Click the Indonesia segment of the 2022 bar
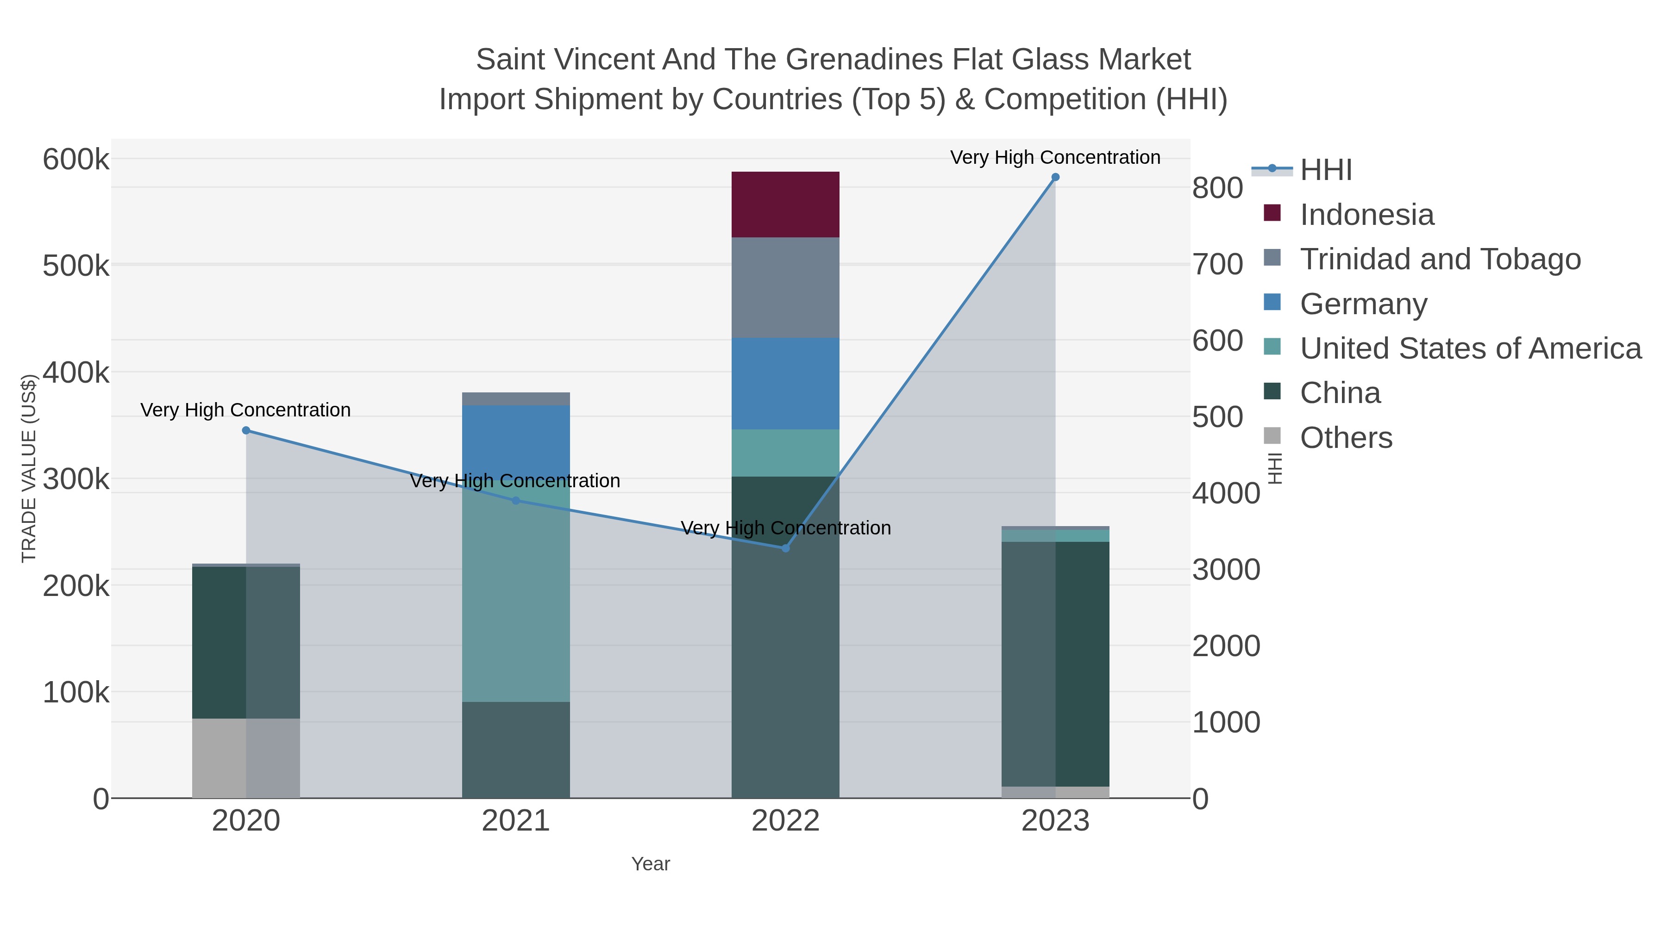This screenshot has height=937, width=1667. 785,205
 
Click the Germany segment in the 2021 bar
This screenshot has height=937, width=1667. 516,440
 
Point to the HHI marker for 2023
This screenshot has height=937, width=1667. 1055,177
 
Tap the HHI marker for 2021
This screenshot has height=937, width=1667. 516,501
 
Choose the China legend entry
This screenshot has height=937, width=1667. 1340,393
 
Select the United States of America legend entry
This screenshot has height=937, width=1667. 1470,348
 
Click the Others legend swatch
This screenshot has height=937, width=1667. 1272,436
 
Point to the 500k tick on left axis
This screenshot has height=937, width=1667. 76,266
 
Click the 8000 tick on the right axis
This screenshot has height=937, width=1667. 1218,188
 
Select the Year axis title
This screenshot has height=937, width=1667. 651,864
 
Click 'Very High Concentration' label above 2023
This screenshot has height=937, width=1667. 1055,157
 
